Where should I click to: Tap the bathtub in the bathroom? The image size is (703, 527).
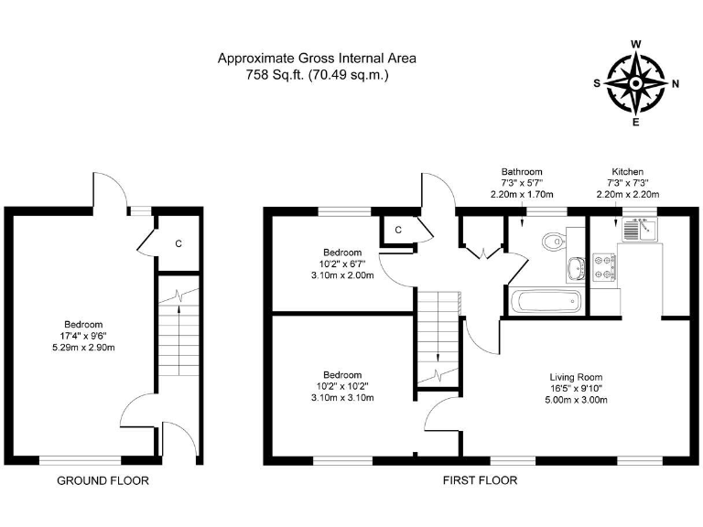click(545, 300)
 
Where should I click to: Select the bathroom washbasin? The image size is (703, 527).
click(576, 268)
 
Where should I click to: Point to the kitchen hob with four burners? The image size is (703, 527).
click(606, 266)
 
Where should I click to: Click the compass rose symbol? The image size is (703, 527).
click(636, 83)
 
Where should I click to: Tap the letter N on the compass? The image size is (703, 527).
click(676, 83)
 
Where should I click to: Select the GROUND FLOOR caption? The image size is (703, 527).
click(103, 480)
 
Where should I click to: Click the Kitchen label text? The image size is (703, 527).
click(628, 171)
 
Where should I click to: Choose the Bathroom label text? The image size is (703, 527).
click(522, 171)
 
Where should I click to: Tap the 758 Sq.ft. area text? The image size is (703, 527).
click(272, 75)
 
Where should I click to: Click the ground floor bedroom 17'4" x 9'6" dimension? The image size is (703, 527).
click(82, 336)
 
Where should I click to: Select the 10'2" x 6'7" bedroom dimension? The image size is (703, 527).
click(342, 263)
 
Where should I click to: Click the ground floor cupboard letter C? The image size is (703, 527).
click(178, 243)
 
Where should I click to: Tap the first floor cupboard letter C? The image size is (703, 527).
click(399, 231)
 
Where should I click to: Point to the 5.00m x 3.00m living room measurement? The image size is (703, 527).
click(577, 400)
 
